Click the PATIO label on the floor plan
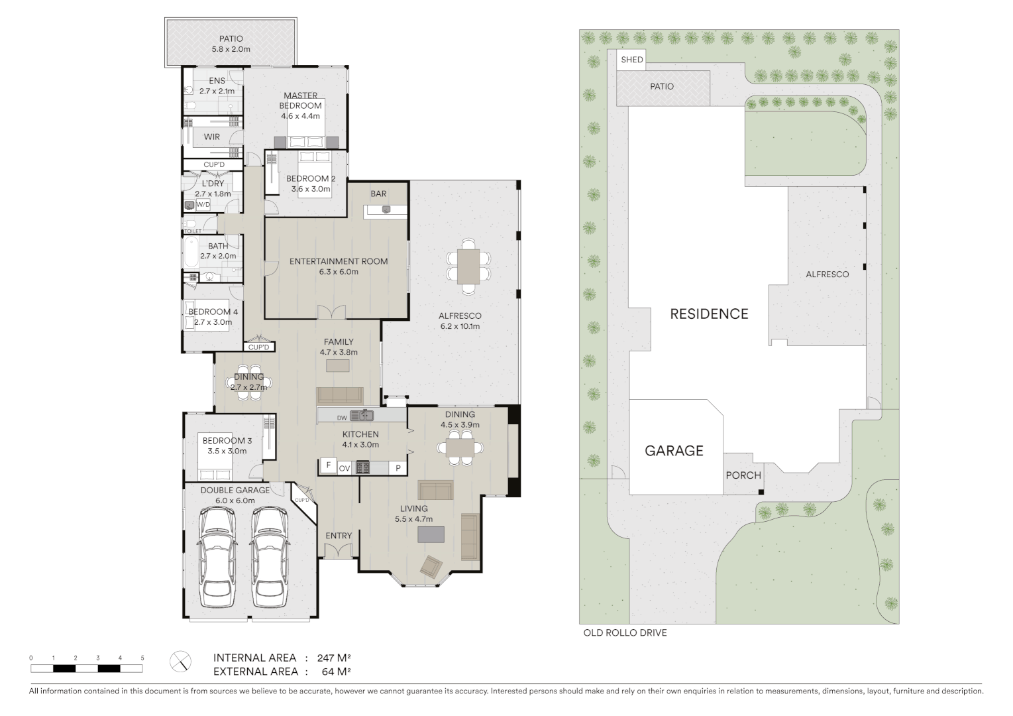[231, 38]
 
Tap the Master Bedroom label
[301, 100]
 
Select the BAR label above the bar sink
[378, 194]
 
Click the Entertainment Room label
[339, 261]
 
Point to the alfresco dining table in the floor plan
[468, 266]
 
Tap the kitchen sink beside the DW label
[362, 416]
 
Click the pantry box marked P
[398, 467]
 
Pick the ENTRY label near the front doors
[339, 536]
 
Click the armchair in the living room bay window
[431, 566]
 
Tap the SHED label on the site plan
[631, 60]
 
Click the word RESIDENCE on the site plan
[709, 314]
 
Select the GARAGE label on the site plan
[674, 451]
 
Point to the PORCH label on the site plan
[743, 475]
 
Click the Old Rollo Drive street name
[625, 633]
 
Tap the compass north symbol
[180, 661]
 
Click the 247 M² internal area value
[333, 658]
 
